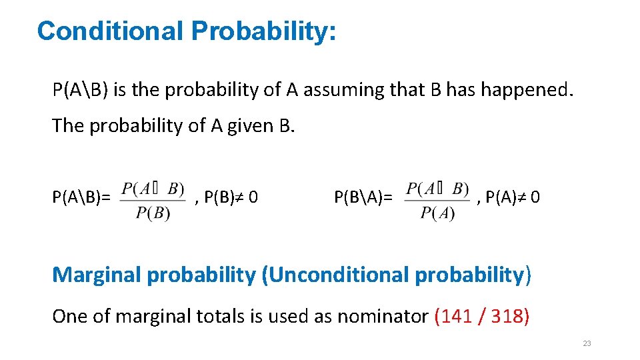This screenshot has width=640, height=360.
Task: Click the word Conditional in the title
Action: coord(109,31)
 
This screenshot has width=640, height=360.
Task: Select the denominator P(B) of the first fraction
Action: coord(153,213)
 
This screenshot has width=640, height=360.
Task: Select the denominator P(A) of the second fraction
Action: coord(438,213)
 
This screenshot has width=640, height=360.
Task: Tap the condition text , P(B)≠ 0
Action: coord(226,197)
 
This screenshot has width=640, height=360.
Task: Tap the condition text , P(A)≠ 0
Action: coord(509,197)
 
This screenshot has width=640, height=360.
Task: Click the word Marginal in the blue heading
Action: coord(97,275)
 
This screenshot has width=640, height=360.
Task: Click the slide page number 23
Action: coord(587,343)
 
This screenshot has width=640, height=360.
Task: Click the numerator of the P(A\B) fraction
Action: coord(153,189)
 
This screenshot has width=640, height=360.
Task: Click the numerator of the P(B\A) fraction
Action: coord(438,189)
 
